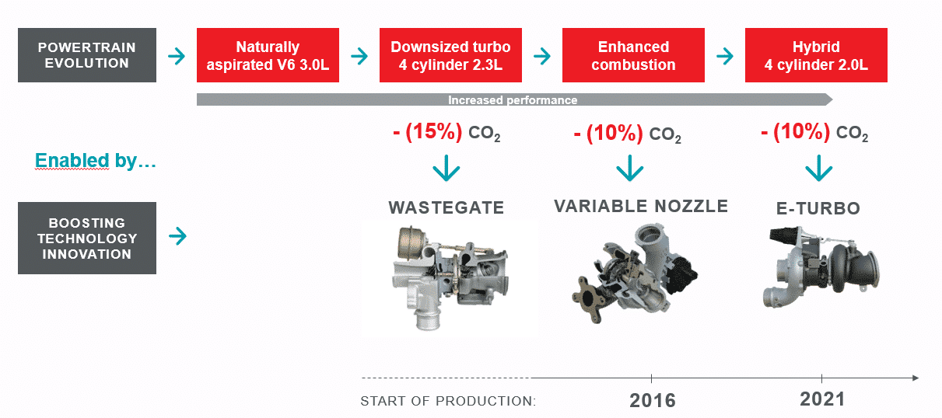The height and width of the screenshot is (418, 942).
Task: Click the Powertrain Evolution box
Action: pos(87,55)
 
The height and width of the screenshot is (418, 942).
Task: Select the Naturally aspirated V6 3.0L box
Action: pos(268,55)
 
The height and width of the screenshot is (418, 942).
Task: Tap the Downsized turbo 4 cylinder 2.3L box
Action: pos(450,55)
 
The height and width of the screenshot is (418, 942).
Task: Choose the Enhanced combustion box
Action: pos(633,55)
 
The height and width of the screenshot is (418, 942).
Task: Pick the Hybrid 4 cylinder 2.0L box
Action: pos(816,55)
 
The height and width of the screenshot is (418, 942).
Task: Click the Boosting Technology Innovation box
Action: pos(87,239)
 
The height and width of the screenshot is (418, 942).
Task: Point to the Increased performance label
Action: pos(513,100)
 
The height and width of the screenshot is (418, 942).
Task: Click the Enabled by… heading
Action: pos(96,161)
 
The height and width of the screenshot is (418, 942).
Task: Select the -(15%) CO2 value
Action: pos(446,133)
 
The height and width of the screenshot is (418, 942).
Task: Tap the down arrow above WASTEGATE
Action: pos(446,168)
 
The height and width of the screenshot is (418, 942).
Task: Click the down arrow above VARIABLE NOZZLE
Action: pos(629,168)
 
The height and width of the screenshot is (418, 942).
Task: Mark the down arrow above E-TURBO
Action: pos(819,168)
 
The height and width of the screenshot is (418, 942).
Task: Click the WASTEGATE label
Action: pos(446,207)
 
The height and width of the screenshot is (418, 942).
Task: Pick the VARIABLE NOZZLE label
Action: pos(641,206)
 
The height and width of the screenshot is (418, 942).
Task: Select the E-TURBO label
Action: pos(818,208)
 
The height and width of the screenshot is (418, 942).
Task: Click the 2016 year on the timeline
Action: pos(653,400)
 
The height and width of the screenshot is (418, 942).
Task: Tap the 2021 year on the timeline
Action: pos(822,399)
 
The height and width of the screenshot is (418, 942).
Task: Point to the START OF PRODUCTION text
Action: pos(448,401)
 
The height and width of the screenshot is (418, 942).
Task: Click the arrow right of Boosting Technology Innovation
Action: pos(178,236)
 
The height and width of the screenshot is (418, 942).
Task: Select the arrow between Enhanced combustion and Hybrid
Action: pos(725,56)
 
